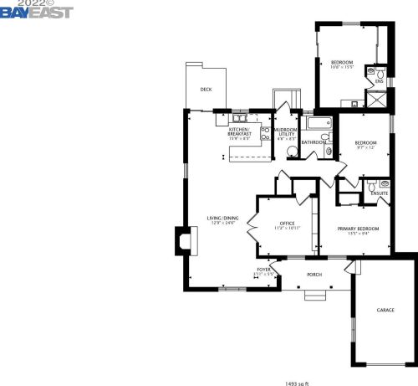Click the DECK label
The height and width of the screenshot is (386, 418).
click(206, 90)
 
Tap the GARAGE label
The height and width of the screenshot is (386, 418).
click(385, 310)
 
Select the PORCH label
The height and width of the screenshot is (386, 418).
click(314, 274)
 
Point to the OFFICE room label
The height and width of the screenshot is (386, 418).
click(288, 224)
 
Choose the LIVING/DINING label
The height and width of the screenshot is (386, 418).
click(222, 220)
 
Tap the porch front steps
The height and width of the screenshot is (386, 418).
click(316, 296)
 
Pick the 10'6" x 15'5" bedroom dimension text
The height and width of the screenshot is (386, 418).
click(341, 67)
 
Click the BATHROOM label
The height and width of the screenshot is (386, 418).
click(313, 142)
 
